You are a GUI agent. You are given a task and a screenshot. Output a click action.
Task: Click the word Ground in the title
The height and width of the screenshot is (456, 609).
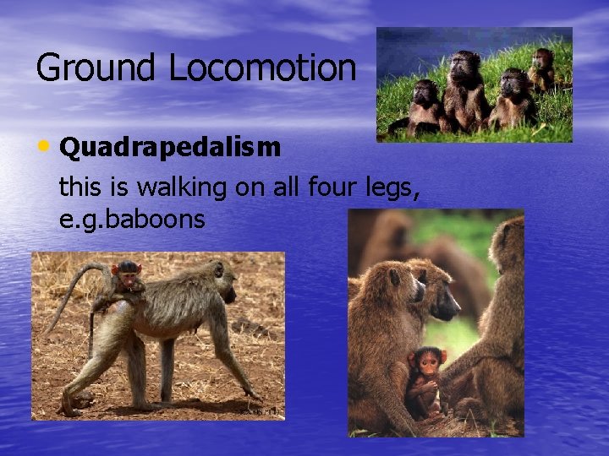pos(96,68)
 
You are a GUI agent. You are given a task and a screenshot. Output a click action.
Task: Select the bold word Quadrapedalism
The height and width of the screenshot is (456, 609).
pos(170,148)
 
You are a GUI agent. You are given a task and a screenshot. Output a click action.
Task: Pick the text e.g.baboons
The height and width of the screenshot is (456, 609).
pos(132,220)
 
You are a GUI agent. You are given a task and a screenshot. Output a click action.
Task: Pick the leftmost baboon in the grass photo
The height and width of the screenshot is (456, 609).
pos(425,106)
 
